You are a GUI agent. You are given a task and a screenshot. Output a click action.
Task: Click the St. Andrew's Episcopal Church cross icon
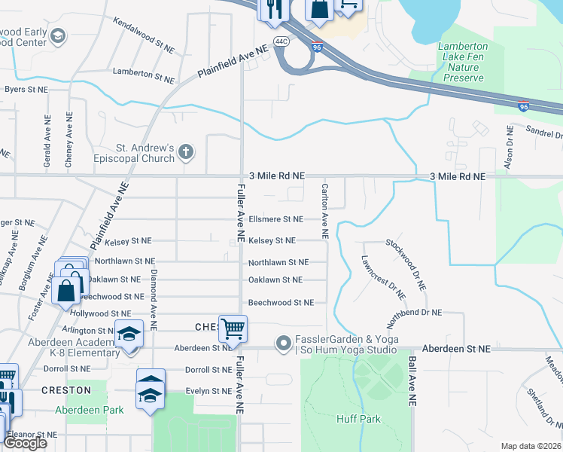click(x=186, y=153)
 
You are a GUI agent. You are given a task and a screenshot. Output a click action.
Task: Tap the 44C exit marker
click(x=281, y=41)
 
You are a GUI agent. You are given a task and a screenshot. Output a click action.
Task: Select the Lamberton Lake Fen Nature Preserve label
click(x=463, y=62)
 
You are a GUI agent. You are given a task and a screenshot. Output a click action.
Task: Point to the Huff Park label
click(x=358, y=419)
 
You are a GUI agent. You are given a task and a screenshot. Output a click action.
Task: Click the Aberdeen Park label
click(x=89, y=410)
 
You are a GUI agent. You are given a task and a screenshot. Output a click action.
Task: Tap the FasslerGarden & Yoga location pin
click(x=283, y=344)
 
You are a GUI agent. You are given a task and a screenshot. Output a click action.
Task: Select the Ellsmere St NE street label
click(x=275, y=219)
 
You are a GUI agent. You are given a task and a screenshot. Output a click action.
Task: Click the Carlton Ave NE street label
click(x=325, y=211)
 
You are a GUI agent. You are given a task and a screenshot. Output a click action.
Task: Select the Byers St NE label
click(x=26, y=89)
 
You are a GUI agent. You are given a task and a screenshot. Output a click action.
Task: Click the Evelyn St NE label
click(x=208, y=391)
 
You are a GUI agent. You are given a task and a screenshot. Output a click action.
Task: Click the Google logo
click(x=26, y=443)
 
